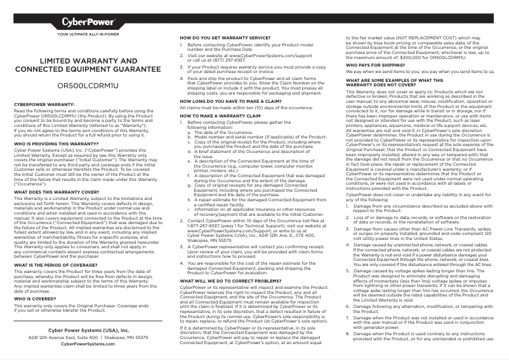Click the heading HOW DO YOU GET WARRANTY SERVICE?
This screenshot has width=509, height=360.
point(221,38)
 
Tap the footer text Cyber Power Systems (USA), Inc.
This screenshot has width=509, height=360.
point(88,331)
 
